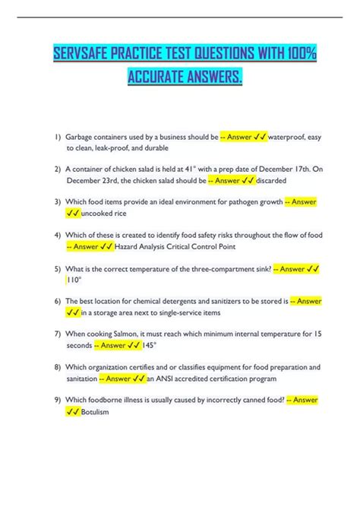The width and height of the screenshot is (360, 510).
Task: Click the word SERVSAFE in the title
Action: (81, 55)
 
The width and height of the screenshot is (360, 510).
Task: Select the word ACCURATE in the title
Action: (161, 79)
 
